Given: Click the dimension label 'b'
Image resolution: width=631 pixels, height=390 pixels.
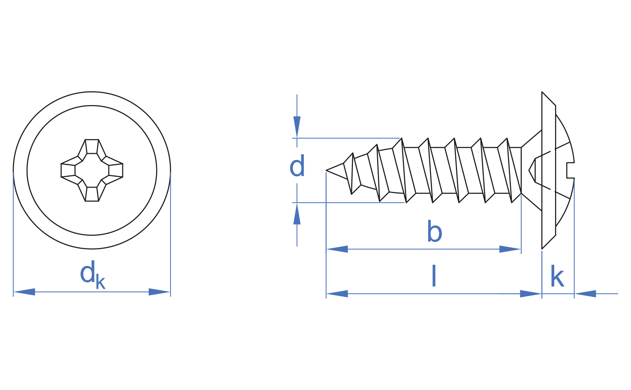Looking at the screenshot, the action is click(x=434, y=232).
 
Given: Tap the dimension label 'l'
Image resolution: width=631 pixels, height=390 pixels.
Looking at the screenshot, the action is click(x=434, y=276).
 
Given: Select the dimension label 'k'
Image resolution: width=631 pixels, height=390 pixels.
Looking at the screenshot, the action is click(x=557, y=276).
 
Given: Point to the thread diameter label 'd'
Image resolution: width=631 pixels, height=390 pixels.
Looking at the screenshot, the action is click(x=297, y=166).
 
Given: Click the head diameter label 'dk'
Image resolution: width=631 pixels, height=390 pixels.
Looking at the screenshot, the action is click(x=92, y=275).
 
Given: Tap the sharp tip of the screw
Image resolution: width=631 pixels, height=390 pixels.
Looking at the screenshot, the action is click(x=327, y=170).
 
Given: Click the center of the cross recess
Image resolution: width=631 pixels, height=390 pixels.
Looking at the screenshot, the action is click(x=92, y=170).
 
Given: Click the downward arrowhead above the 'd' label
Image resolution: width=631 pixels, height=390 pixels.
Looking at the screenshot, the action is click(x=297, y=127).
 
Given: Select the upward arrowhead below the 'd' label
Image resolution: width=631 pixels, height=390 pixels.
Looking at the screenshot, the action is click(x=297, y=214).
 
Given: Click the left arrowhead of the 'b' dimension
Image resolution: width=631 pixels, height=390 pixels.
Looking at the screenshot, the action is click(x=337, y=249).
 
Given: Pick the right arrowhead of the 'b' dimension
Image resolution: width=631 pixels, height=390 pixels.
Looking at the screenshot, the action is click(x=510, y=249).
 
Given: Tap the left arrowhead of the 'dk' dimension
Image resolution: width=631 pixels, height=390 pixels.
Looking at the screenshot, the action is click(x=24, y=292).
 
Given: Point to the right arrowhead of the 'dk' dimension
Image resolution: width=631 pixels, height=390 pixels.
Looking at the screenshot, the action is click(x=160, y=292).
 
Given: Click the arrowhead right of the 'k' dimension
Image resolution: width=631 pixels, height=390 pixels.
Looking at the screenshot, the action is click(x=585, y=294).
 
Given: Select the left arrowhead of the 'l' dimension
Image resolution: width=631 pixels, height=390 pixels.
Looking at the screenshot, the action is click(x=337, y=294).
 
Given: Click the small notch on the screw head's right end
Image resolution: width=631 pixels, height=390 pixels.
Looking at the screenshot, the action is click(x=571, y=170).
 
